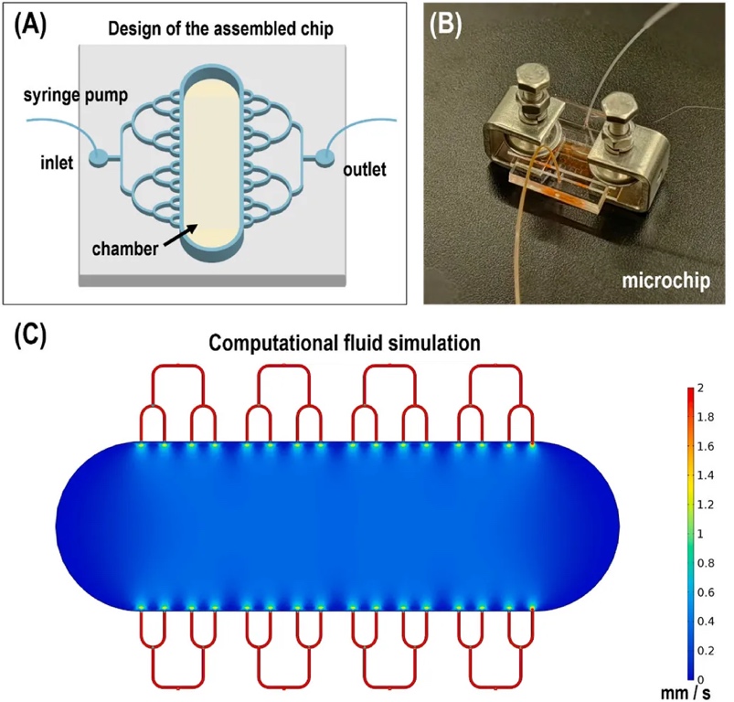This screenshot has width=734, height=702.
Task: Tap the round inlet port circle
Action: coord(99,159)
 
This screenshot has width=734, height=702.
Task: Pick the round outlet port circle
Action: coord(321,159)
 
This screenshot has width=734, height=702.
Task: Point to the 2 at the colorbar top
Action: coord(699,388)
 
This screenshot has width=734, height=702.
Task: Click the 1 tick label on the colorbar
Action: coord(699,534)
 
